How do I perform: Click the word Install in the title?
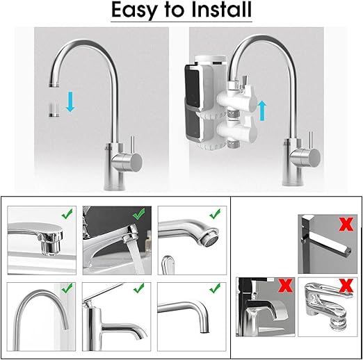pyautogui.click(x=222, y=9)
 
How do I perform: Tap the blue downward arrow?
pyautogui.click(x=70, y=102)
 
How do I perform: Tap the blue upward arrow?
pyautogui.click(x=262, y=111)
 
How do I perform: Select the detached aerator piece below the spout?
pyautogui.click(x=54, y=110)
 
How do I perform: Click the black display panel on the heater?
pyautogui.click(x=192, y=88)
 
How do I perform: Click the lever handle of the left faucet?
pyautogui.click(x=132, y=145)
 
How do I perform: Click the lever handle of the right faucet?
pyautogui.click(x=311, y=141)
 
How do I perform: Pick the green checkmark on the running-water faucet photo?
pyautogui.click(x=139, y=213)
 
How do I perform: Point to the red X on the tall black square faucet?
pyautogui.click(x=346, y=224)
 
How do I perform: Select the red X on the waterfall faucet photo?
pyautogui.click(x=286, y=285)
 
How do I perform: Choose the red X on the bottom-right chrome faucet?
pyautogui.click(x=346, y=286)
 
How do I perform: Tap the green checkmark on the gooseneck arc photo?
pyautogui.click(x=67, y=288)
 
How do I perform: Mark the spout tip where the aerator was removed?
pyautogui.click(x=54, y=85)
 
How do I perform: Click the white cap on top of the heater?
pyautogui.click(x=211, y=59)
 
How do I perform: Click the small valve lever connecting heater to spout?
pyautogui.click(x=245, y=83)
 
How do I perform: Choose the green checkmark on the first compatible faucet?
pyautogui.click(x=67, y=214)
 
